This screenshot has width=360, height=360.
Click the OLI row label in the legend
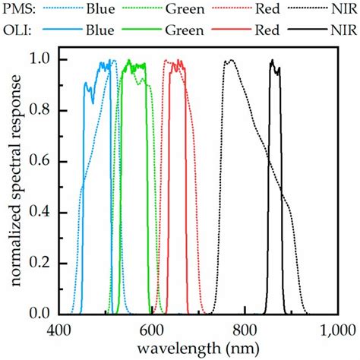point(16,30)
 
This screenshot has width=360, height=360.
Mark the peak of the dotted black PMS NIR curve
point(230,61)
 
